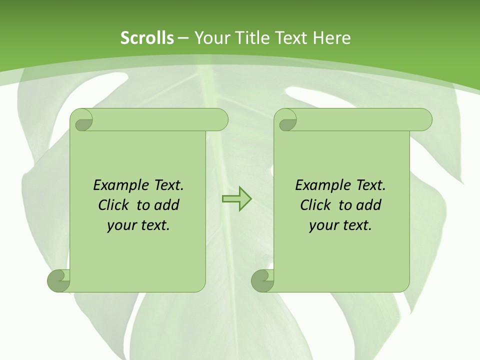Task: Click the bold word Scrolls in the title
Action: pos(147,38)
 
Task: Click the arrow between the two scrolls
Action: pos(236,199)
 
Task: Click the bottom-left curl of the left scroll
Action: pos(59,280)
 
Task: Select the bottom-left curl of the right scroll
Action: pos(262,280)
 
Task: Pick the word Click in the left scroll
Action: pos(113,205)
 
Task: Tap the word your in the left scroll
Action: pos(120,225)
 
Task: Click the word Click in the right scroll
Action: pos(315,205)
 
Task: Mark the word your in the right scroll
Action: pos(322,225)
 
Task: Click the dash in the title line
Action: pos(183,38)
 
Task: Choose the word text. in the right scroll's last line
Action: pos(356,225)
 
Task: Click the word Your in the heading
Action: pos(210,38)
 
